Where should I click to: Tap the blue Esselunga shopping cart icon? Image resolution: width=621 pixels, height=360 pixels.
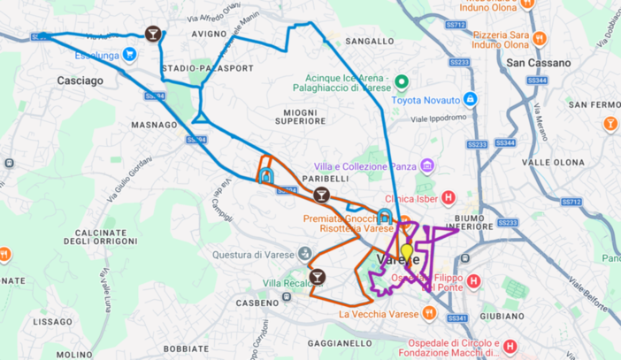click(x=131, y=52)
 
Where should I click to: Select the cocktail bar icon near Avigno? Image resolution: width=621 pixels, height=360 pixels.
click(x=154, y=34)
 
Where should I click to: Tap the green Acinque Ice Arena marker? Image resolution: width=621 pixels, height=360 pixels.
click(x=400, y=83)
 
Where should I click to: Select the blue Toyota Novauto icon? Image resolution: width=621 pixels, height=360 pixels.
click(x=471, y=99)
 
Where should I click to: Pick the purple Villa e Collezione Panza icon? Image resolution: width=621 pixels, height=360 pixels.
click(x=428, y=165)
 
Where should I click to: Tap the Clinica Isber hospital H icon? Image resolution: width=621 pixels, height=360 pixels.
click(x=448, y=196)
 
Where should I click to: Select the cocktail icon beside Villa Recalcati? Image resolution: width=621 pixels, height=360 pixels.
click(x=317, y=277)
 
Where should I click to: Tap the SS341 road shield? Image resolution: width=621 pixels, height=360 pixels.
click(x=458, y=318)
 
